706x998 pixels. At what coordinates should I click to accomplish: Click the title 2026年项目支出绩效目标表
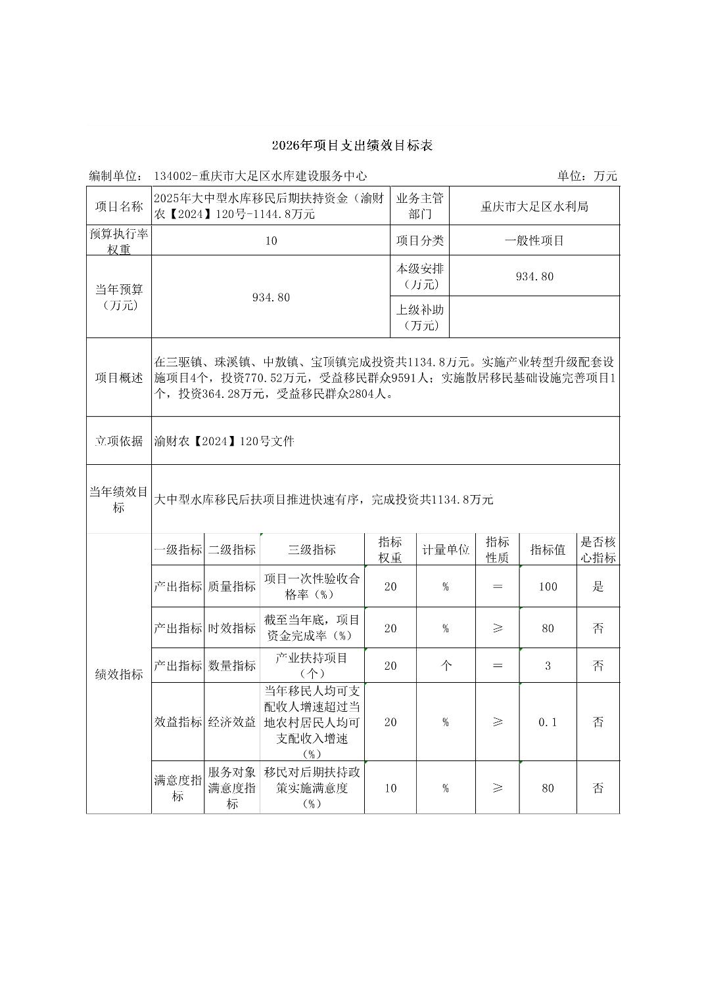click(352, 146)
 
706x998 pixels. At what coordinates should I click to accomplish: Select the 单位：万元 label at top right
click(587, 176)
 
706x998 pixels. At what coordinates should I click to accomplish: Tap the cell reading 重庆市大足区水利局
click(534, 207)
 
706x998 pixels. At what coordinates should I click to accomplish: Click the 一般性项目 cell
click(534, 240)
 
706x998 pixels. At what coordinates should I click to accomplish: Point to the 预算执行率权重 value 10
click(271, 241)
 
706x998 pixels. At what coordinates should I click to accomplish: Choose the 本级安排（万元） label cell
click(419, 276)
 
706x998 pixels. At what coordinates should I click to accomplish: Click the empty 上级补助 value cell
click(534, 317)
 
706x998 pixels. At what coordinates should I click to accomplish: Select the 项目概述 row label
click(119, 378)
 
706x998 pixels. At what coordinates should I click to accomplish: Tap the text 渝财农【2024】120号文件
click(224, 441)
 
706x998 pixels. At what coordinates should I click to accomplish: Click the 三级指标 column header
click(312, 550)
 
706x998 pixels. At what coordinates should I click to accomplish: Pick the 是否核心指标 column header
click(598, 550)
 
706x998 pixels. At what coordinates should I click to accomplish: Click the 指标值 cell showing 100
click(548, 587)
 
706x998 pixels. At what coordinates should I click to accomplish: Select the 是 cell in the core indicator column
click(598, 587)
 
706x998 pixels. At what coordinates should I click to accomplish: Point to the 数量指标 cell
click(232, 666)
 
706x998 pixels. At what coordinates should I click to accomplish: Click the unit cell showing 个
click(446, 666)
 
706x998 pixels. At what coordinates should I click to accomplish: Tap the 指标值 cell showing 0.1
click(548, 722)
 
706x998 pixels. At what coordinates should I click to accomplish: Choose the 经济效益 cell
click(232, 722)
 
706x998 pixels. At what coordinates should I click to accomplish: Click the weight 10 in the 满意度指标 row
click(390, 788)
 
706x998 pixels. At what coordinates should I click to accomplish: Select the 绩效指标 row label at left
click(119, 674)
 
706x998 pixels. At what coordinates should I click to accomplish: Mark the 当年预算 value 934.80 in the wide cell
click(271, 297)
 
